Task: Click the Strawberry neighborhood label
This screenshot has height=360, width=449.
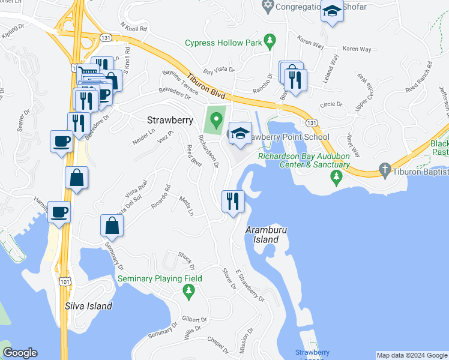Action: (170, 120)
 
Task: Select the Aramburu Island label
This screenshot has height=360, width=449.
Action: (262, 235)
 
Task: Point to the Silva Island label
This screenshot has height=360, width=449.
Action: (88, 306)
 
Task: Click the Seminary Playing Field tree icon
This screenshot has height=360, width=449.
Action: (188, 292)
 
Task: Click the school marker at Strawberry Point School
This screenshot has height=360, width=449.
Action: (240, 133)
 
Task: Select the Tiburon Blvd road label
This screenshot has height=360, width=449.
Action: (205, 87)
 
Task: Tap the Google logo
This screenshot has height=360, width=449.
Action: (20, 353)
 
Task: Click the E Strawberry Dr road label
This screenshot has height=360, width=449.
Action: (250, 286)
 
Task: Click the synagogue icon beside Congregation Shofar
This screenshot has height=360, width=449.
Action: (268, 7)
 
